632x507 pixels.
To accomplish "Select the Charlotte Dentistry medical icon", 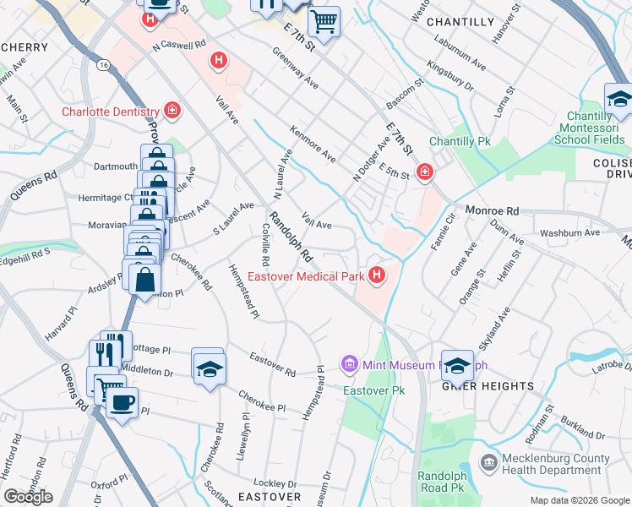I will click(172, 111).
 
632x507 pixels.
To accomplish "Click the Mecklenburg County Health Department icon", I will click(488, 462).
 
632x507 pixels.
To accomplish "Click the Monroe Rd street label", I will click(489, 214).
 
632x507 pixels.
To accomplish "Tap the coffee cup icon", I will click(122, 402).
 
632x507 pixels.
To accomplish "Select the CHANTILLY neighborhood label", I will click(460, 21).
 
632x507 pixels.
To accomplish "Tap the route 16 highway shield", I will click(103, 64).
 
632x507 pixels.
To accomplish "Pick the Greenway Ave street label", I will click(295, 68).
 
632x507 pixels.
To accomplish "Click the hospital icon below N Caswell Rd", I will click(218, 61).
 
